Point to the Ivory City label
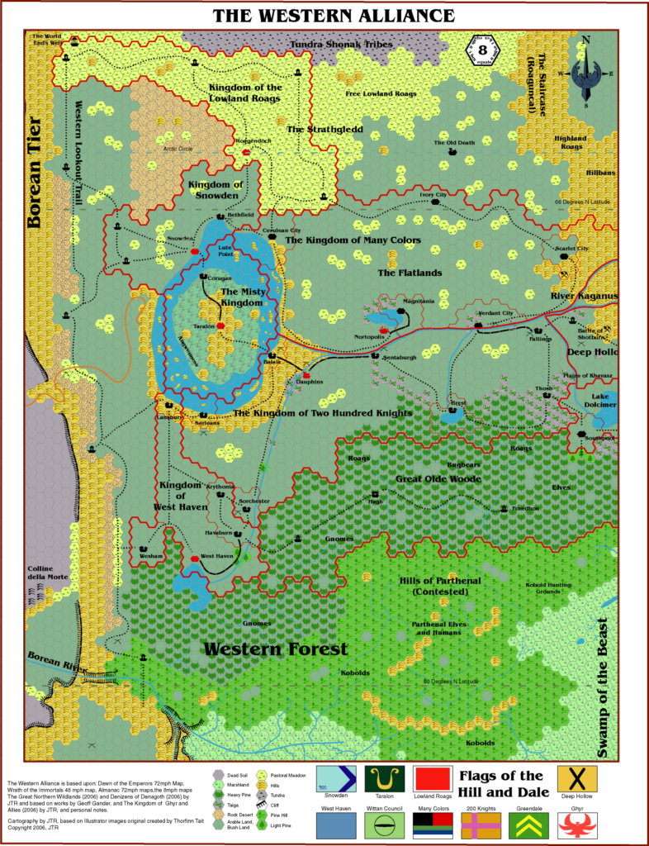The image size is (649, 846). (x=433, y=195)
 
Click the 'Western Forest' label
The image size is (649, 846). (x=275, y=649)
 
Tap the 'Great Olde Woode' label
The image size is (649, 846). (x=426, y=478)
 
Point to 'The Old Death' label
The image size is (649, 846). (x=454, y=143)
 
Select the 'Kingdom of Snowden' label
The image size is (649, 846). (x=213, y=189)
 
